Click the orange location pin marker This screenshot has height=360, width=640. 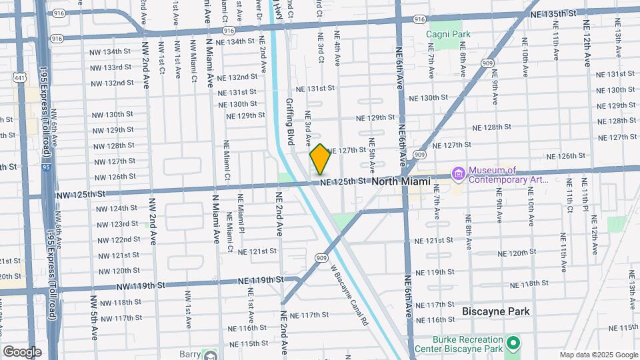click(320, 159)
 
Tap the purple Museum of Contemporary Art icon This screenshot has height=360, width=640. click(458, 175)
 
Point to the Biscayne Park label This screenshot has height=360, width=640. click(496, 311)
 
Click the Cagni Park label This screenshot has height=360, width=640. click(449, 33)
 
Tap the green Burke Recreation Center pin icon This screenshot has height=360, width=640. click(513, 343)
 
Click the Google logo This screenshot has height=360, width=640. click(22, 351)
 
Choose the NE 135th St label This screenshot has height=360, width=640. click(553, 13)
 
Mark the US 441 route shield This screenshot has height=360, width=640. click(17, 78)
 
